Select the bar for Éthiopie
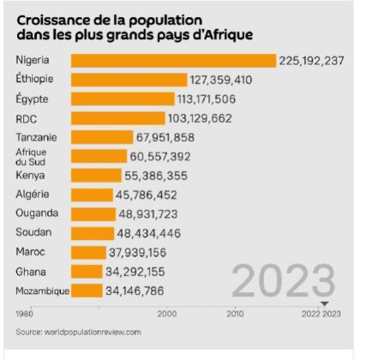(x=129, y=80)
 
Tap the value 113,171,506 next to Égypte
(x=213, y=99)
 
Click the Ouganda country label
(x=36, y=213)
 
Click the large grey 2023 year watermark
(x=283, y=282)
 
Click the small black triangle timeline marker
(x=324, y=304)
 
